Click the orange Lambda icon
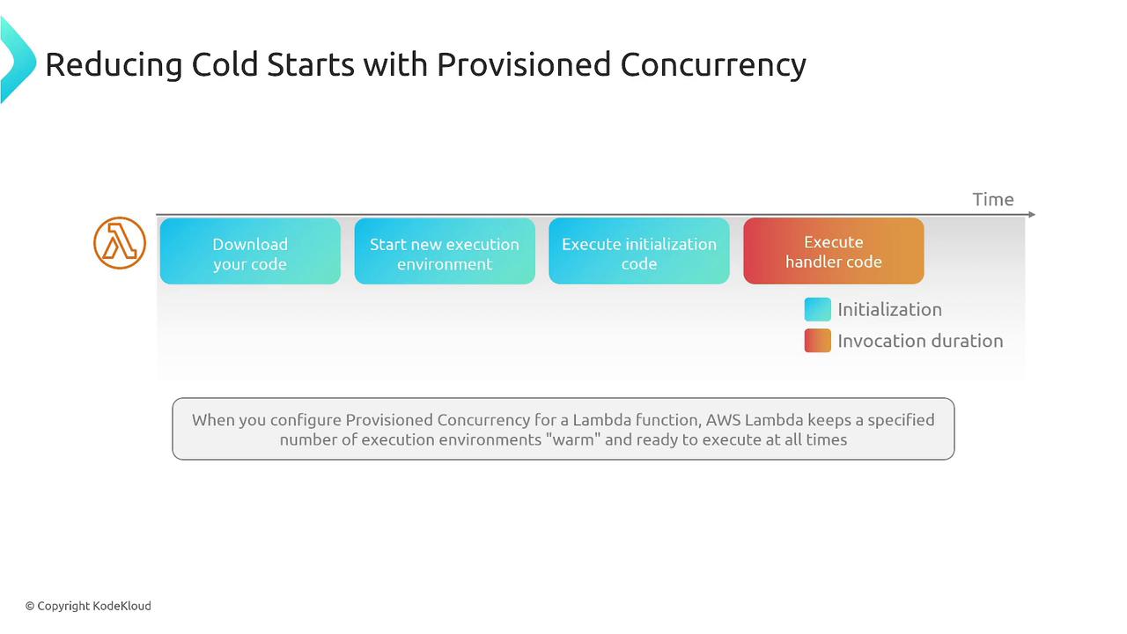tap(120, 243)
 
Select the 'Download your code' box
tap(250, 251)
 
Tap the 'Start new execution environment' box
tap(445, 251)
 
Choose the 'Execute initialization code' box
tap(639, 251)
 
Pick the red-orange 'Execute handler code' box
tap(834, 251)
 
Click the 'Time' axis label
tap(993, 199)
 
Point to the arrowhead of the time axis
tap(1032, 214)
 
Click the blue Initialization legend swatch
tap(818, 309)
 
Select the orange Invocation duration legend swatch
tap(818, 341)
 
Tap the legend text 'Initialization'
tap(889, 309)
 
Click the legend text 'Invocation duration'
tap(920, 341)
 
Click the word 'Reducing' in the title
tap(114, 65)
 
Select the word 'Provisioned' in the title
tap(524, 64)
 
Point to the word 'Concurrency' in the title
tap(713, 65)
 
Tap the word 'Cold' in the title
tap(225, 64)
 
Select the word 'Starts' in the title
tap(311, 64)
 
